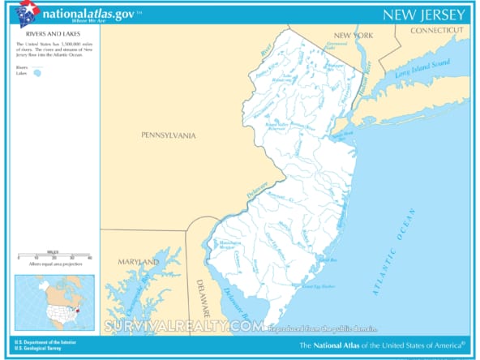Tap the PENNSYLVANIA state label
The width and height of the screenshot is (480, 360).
point(168,135)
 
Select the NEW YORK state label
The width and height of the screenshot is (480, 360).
point(353,36)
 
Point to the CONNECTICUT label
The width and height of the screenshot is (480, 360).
point(439,30)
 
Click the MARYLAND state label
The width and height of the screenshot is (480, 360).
point(139,263)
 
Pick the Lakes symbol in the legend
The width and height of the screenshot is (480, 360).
point(36,74)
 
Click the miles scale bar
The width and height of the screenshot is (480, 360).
point(54,255)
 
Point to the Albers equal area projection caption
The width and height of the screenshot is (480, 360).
point(54,265)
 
